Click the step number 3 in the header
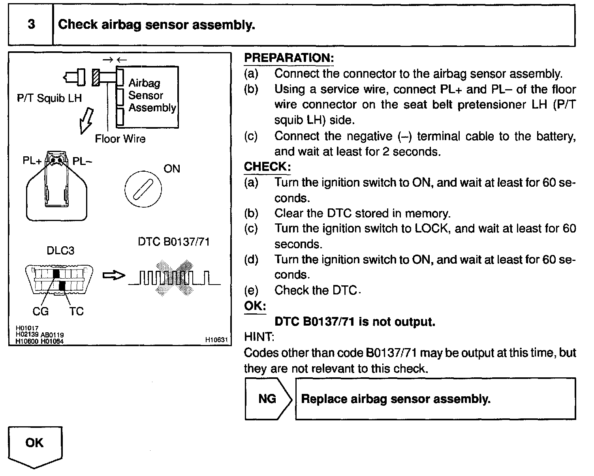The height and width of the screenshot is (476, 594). click(31, 24)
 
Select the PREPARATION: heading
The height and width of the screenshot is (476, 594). click(289, 58)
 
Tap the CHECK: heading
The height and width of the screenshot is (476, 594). click(267, 167)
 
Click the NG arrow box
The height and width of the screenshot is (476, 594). click(267, 399)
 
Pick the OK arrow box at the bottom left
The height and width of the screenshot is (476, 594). click(35, 446)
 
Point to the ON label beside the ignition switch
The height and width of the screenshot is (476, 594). click(172, 169)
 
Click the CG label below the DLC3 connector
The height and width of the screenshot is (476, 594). click(41, 311)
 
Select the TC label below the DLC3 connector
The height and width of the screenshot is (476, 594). click(77, 311)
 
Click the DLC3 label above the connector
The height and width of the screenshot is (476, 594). click(60, 251)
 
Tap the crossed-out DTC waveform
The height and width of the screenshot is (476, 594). click(174, 278)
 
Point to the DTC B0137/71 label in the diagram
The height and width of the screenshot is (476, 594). click(174, 242)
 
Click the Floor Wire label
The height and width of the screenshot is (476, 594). click(120, 139)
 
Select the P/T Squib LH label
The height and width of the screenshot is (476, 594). click(49, 98)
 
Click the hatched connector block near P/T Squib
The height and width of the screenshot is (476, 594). click(95, 77)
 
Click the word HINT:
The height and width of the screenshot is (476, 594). click(259, 337)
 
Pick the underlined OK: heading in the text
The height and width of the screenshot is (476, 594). click(255, 306)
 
